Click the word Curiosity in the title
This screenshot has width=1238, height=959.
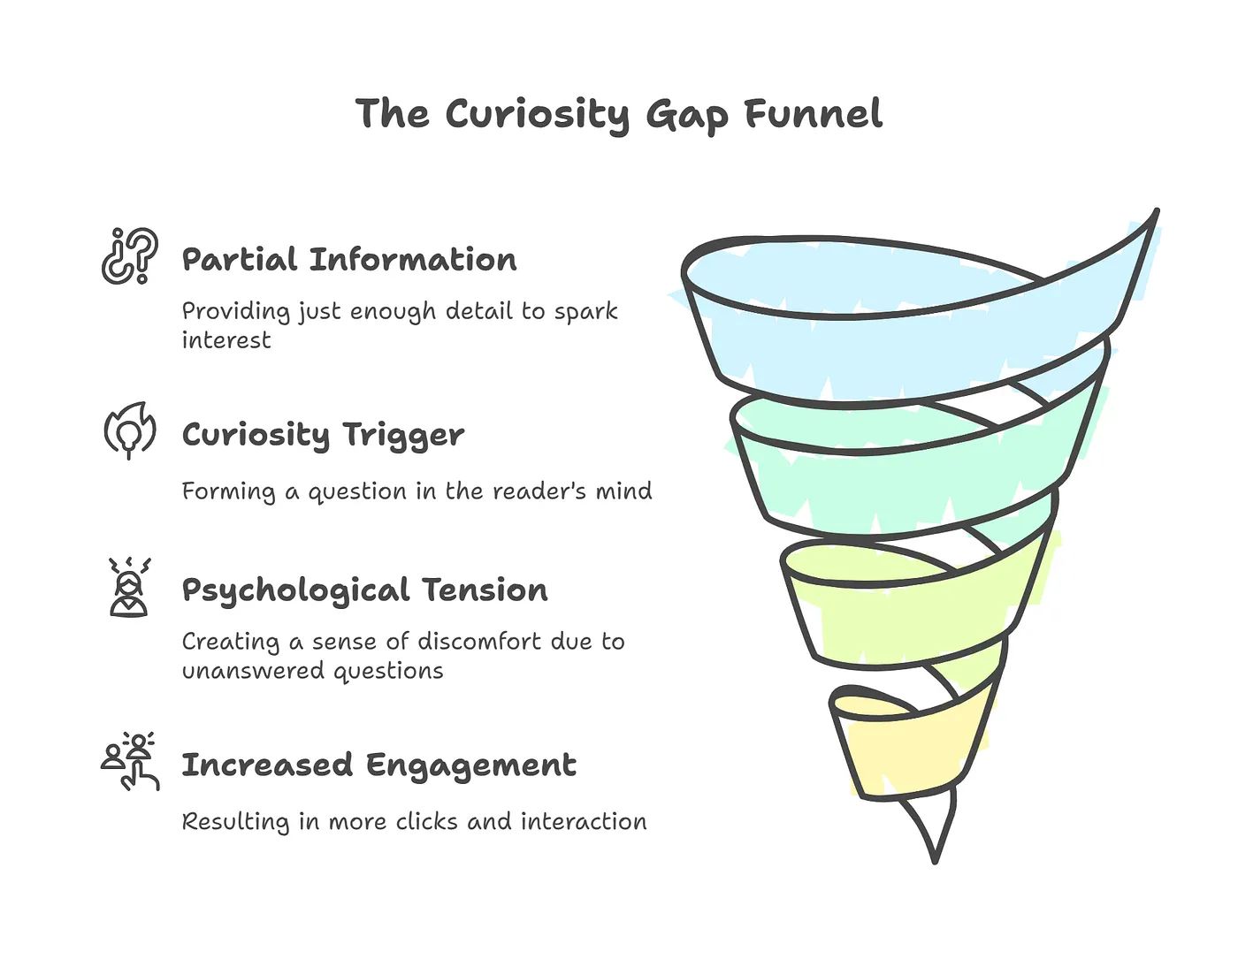[537, 115]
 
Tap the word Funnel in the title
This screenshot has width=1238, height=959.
[813, 115]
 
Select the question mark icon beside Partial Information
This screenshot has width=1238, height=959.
[129, 256]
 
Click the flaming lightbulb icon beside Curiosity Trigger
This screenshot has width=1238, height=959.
[129, 430]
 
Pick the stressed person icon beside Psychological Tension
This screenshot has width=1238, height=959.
[129, 587]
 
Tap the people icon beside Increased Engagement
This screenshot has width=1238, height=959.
[130, 761]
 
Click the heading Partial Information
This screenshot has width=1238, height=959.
[349, 260]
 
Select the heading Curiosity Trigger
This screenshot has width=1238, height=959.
[323, 435]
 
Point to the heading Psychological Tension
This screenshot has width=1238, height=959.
[364, 590]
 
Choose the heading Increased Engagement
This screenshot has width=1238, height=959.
[378, 765]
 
